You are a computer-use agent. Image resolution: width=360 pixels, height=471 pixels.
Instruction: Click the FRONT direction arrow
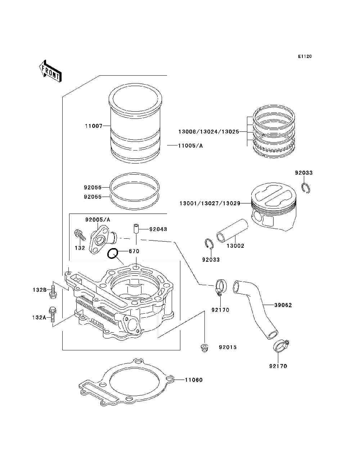(x=50, y=71)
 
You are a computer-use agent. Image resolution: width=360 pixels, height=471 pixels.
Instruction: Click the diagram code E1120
(x=305, y=57)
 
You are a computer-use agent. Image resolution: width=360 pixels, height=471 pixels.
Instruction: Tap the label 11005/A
(x=190, y=145)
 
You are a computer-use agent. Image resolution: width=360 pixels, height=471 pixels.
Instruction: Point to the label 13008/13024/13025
(x=209, y=132)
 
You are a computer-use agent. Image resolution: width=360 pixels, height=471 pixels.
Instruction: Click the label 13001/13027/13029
(x=210, y=203)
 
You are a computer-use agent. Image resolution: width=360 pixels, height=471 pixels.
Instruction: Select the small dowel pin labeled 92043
(x=136, y=229)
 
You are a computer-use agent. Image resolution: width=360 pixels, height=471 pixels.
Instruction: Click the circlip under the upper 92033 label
(x=306, y=188)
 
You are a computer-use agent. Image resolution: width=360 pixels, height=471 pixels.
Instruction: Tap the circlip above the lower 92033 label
(x=209, y=244)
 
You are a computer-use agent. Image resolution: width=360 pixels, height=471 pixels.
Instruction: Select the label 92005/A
(x=98, y=220)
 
